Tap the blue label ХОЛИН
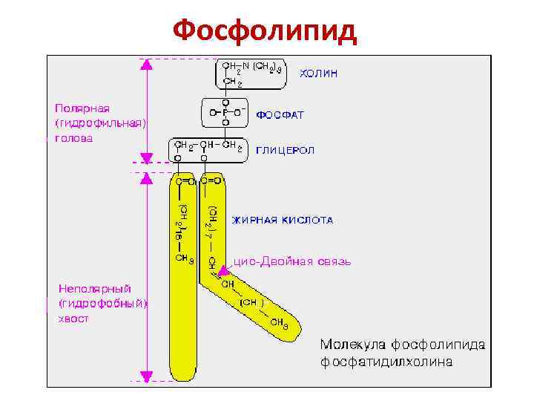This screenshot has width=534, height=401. click(x=318, y=74)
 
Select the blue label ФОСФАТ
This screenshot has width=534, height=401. click(x=280, y=116)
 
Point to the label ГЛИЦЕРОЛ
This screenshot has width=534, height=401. click(x=286, y=150)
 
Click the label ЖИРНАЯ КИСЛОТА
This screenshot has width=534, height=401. click(x=283, y=220)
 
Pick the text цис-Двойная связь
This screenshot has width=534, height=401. click(x=293, y=261)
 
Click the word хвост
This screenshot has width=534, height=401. click(x=73, y=319)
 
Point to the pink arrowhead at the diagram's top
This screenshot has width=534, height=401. click(x=147, y=65)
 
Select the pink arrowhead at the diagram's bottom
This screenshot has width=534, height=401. click(x=147, y=374)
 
